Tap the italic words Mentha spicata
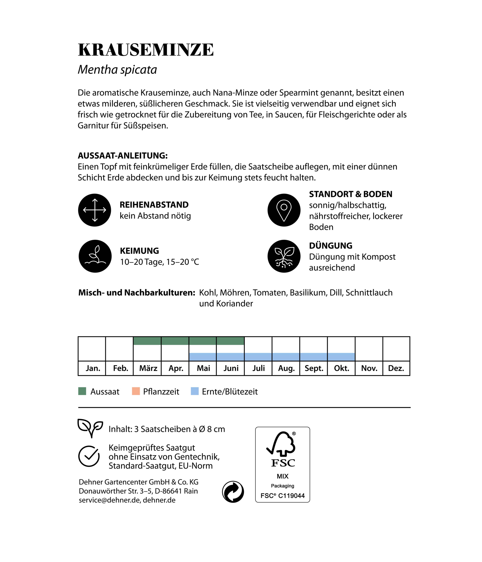pos(117,70)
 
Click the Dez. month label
pos(396,368)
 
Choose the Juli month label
pos(258,368)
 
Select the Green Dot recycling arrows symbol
pos(233,492)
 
